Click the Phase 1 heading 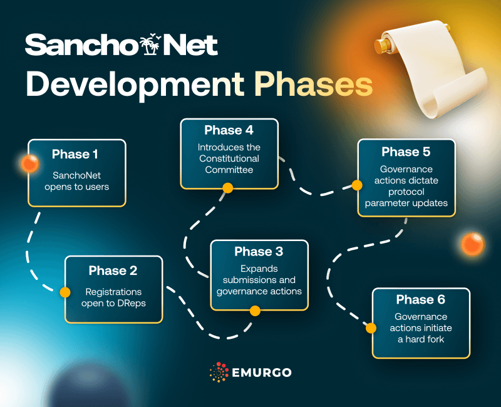[75, 154]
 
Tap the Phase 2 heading [113, 270]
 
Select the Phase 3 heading [259, 252]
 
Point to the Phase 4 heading [229, 130]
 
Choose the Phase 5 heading [406, 152]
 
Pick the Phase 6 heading [420, 300]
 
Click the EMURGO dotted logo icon [219, 373]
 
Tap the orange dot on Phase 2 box [65, 292]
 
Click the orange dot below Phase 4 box [228, 188]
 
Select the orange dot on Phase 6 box [371, 327]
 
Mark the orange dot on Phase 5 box [357, 185]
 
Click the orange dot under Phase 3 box [255, 311]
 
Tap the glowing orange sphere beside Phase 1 [28, 164]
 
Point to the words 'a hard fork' [420, 339]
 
